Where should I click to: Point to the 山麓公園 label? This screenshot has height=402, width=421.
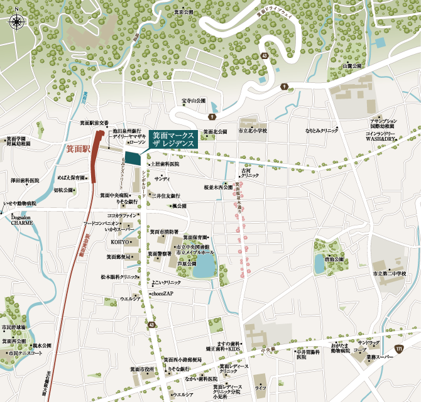coord(353,65)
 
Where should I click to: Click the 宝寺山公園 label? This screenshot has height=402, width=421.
coord(194,100)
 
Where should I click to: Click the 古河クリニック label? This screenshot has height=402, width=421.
coord(242,173)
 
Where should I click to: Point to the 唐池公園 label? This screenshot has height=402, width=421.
coord(334,259)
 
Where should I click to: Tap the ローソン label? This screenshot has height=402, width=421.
coord(138,143)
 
